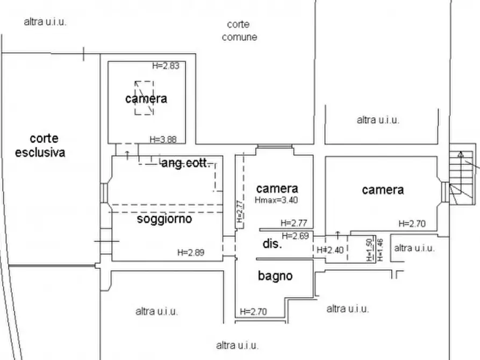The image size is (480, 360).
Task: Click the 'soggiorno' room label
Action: click(x=164, y=219)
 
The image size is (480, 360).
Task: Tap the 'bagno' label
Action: click(x=275, y=276)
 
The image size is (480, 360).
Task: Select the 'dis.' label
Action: click(x=273, y=244)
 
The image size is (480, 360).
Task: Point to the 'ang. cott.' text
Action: click(x=185, y=164)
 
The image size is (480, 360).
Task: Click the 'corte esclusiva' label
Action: click(x=40, y=146)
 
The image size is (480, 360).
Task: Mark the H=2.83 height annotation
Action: click(x=165, y=66)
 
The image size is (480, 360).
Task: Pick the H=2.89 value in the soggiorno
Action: click(x=191, y=252)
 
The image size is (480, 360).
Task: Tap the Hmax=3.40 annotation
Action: click(x=276, y=200)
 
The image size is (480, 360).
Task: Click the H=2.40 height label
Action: click(x=329, y=250)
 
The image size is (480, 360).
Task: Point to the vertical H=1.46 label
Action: click(x=380, y=250)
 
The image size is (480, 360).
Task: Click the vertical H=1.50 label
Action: click(x=369, y=250)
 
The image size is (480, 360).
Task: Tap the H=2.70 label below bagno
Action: click(x=253, y=311)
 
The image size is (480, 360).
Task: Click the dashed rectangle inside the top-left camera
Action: click(x=144, y=98)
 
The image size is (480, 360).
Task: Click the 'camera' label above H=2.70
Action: click(x=383, y=190)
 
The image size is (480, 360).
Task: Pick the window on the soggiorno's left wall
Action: click(x=105, y=192)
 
